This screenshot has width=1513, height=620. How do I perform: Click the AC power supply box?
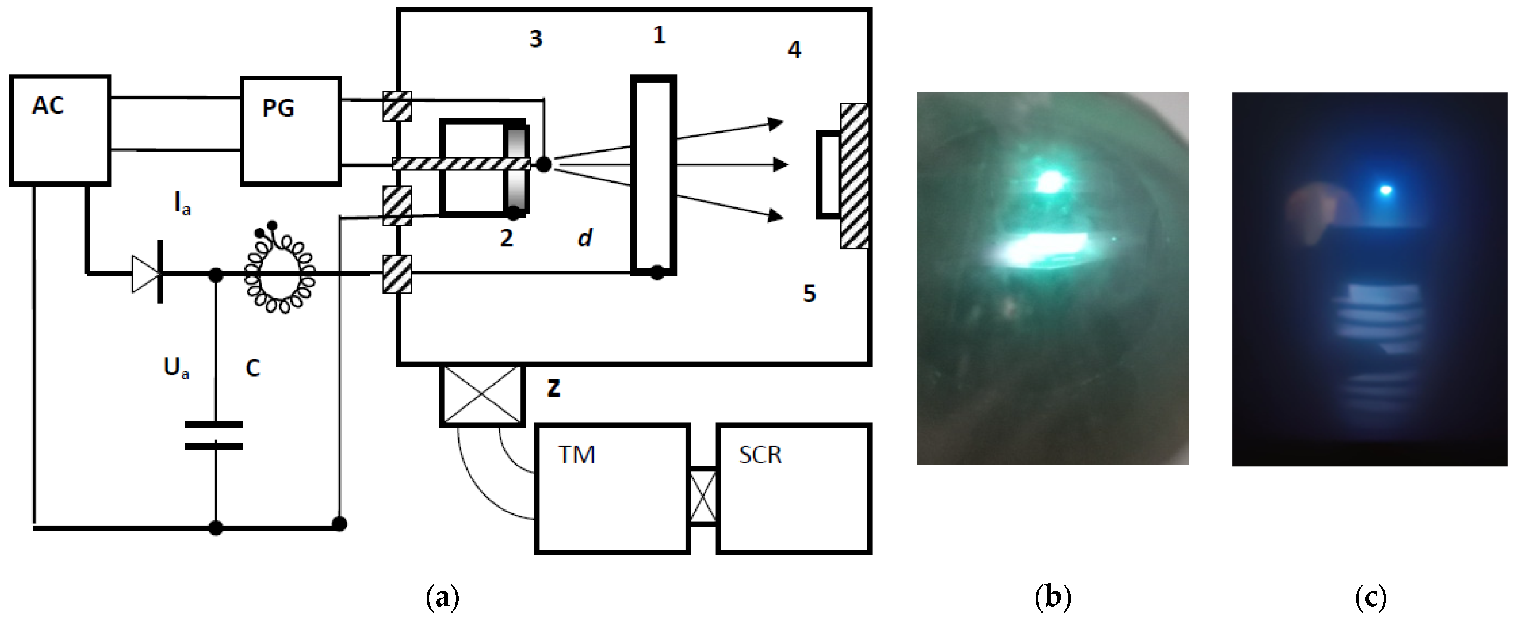[60, 130]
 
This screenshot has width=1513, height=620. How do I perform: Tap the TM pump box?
[611, 489]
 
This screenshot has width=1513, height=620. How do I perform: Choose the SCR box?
[793, 489]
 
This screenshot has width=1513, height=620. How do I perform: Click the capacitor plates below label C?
[214, 435]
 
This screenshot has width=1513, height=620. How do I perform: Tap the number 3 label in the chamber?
[535, 39]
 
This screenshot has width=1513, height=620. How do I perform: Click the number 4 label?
[794, 50]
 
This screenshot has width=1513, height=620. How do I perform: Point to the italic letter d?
[584, 238]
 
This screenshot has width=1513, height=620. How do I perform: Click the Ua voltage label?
[176, 368]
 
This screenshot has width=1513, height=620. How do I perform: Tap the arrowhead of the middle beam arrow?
[781, 165]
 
